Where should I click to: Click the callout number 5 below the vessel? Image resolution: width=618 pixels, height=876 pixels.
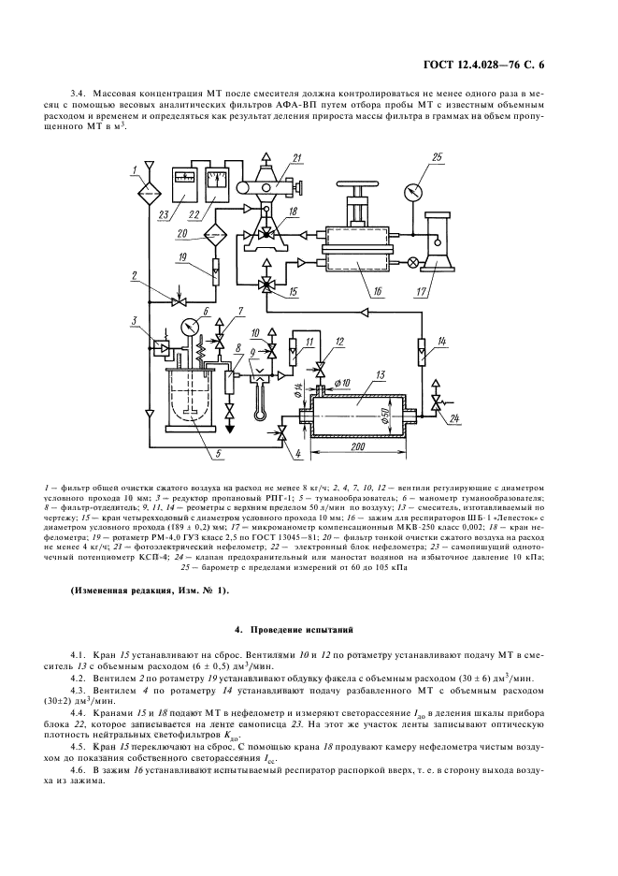tap(216, 456)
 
